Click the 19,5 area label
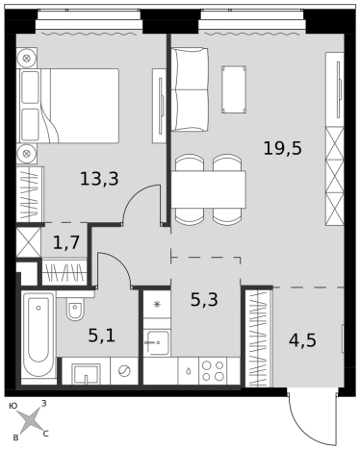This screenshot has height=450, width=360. tap(282, 149)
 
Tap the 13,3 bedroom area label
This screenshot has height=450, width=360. tap(99, 179)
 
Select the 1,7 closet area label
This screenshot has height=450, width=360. tap(66, 242)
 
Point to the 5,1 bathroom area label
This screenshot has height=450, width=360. tap(101, 336)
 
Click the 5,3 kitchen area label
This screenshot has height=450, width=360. tap(204, 300)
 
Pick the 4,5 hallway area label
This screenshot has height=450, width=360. tap(302, 340)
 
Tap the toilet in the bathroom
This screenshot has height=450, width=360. tap(75, 306)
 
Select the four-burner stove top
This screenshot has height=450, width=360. tap(213, 370)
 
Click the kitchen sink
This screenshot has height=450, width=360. tap(157, 343)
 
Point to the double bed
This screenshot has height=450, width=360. tap(69, 106)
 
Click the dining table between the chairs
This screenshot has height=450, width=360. tap(209, 189)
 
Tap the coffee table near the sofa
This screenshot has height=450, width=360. tap(234, 89)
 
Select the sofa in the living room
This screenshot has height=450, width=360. tap(190, 89)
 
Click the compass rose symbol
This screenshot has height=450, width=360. tap(30, 420)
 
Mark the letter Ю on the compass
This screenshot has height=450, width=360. tap(13, 406)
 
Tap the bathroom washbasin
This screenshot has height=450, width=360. tap(86, 373)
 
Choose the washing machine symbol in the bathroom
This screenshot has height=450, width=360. tap(124, 371)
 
